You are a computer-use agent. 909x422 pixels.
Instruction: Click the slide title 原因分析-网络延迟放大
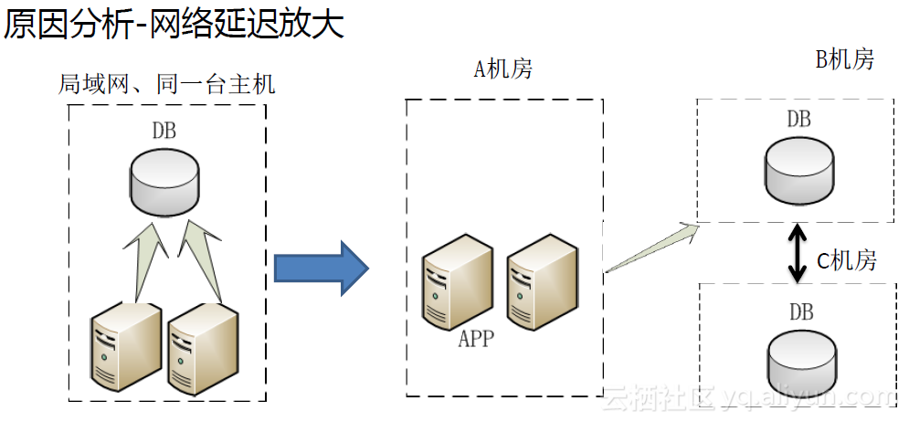[x=174, y=26]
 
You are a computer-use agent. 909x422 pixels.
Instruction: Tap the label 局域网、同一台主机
[x=167, y=85]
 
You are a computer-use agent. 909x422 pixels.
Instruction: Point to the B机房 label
[x=844, y=60]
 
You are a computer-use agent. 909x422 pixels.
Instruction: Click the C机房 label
[x=846, y=261]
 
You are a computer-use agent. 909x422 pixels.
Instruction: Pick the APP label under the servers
[x=475, y=340]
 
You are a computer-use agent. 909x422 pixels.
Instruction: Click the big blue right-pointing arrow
[x=321, y=269]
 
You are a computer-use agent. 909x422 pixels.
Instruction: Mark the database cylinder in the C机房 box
[x=801, y=361]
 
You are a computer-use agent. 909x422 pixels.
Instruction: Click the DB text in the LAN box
[x=164, y=131]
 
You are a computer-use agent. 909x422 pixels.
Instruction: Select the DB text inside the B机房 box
[x=798, y=120]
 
